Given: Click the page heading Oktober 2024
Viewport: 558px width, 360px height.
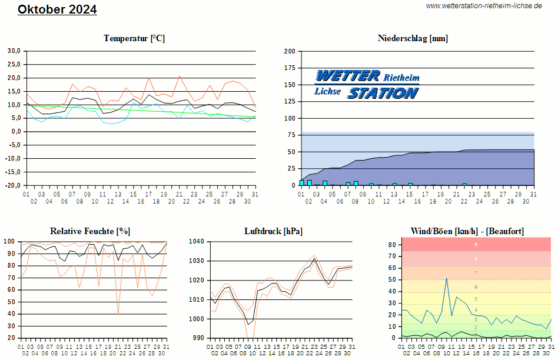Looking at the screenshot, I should [57, 9].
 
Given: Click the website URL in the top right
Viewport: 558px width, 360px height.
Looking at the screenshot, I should [484, 6].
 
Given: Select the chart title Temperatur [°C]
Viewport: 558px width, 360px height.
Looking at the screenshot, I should [134, 38].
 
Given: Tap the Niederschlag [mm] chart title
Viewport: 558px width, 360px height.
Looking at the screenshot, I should [413, 38].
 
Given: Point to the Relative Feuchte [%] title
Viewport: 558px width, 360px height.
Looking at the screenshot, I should [91, 231].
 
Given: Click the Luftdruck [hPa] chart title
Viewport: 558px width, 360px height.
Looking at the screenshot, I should [273, 231].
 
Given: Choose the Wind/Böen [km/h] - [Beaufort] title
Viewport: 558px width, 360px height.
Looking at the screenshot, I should [467, 231].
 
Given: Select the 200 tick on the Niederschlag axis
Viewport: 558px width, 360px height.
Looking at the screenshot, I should [289, 51].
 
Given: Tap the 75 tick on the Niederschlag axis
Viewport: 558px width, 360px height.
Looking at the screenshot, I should [291, 135].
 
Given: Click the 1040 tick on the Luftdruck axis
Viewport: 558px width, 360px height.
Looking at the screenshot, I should [196, 242].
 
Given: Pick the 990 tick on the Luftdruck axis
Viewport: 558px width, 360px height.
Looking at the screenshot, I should [198, 338].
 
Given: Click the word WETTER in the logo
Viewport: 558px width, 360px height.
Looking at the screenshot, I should [348, 76].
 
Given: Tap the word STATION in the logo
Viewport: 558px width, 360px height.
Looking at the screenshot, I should [383, 93].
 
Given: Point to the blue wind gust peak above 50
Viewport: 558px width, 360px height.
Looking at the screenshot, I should [447, 278].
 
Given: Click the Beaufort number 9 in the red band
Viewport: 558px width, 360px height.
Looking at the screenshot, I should [476, 244].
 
